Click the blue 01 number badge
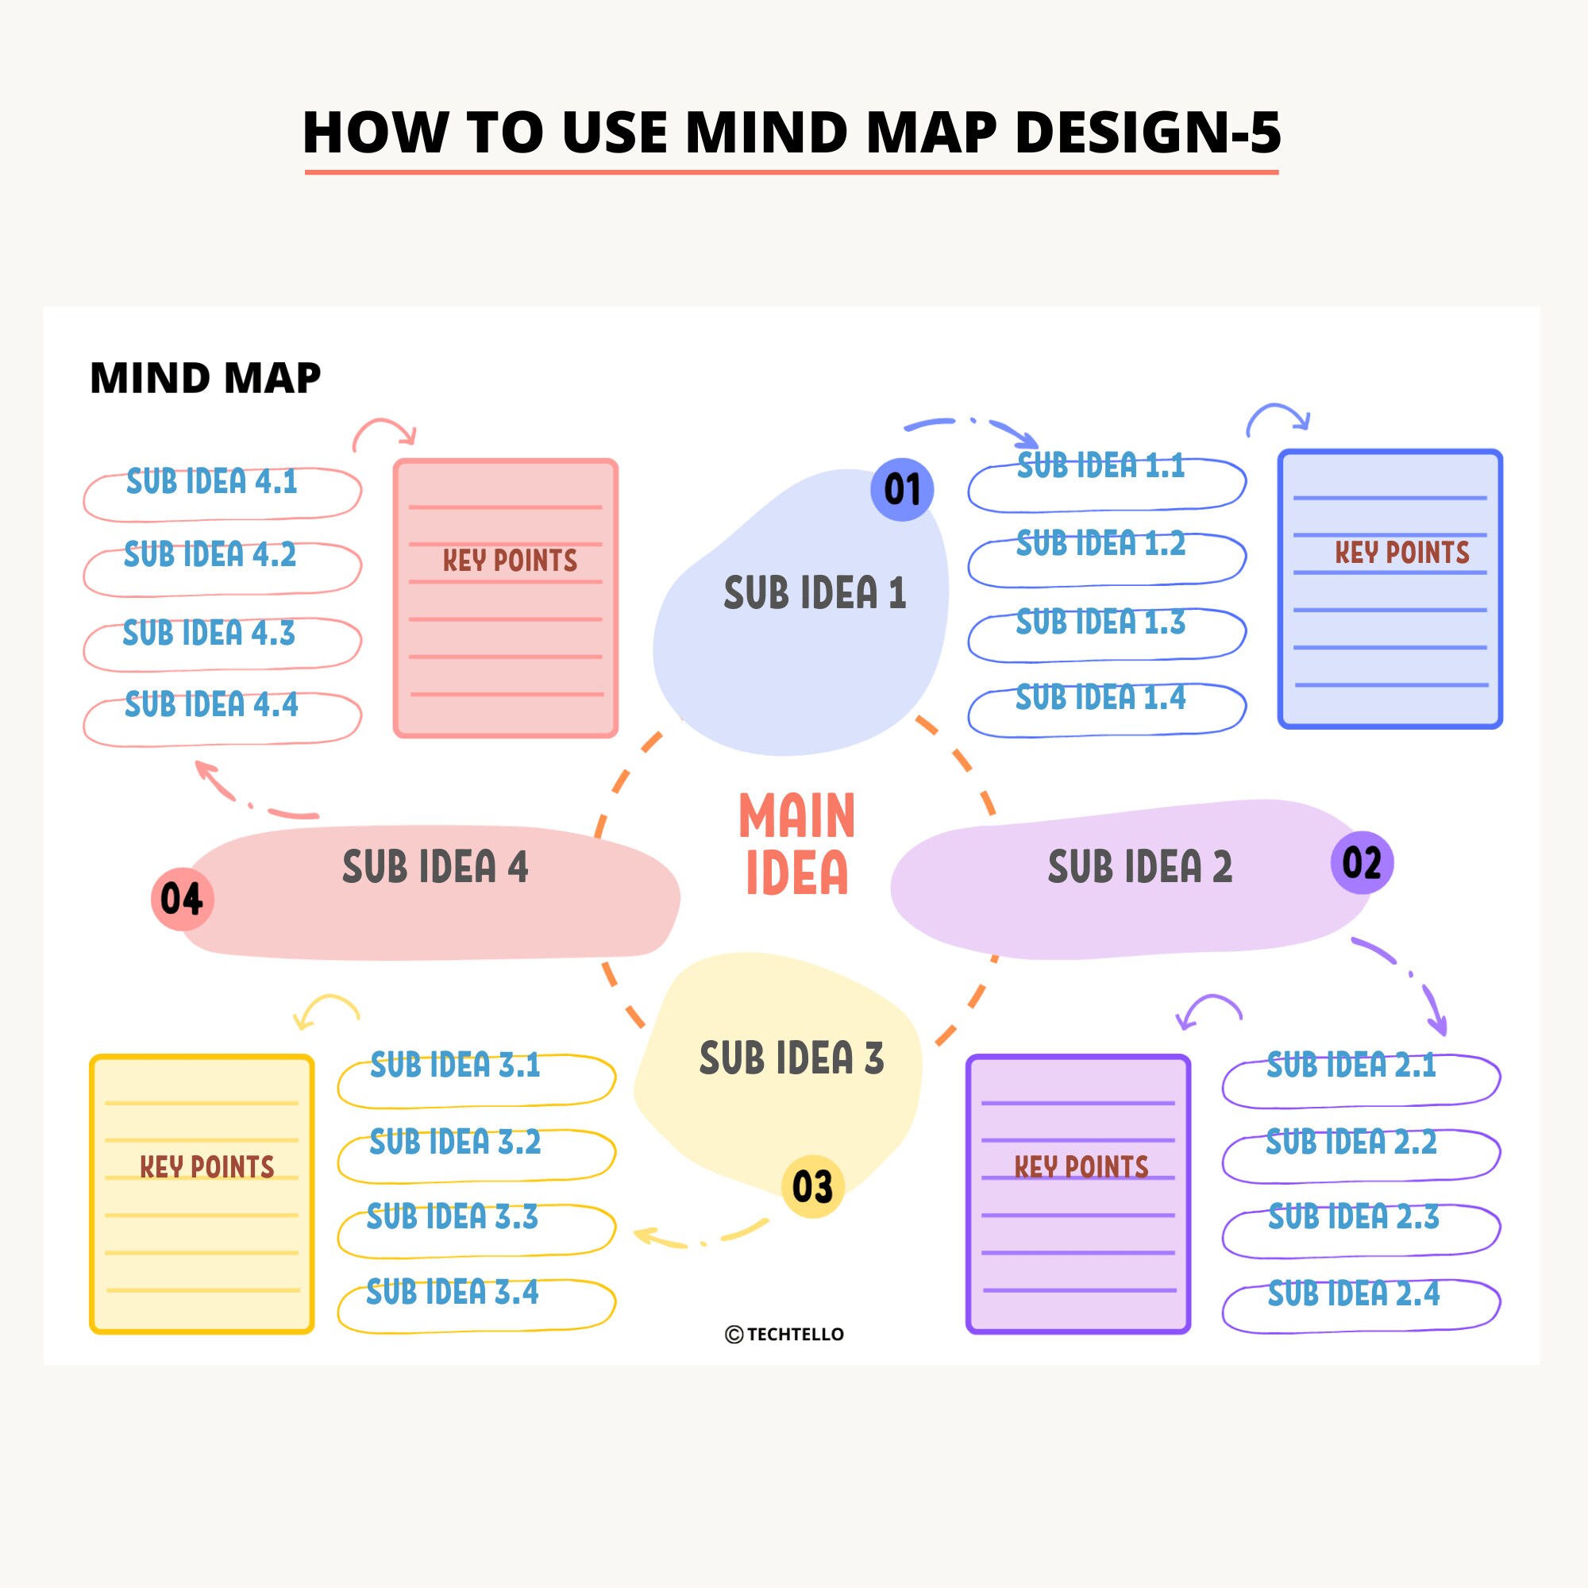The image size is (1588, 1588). point(902,490)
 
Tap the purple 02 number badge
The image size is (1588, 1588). point(1361,862)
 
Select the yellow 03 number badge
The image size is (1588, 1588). point(812,1186)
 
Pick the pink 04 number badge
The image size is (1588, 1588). point(182,898)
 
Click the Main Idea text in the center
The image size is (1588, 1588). point(796,843)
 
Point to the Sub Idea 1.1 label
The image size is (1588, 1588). point(1100,466)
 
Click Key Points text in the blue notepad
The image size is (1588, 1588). point(1401,553)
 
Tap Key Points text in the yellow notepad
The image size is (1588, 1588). point(206,1166)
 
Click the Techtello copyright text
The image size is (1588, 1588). point(785,1334)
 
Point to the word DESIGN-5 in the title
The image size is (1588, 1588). point(1147,132)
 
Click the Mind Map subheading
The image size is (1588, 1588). point(205,378)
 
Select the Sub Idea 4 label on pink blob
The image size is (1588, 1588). point(435,867)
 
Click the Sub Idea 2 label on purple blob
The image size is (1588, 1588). point(1139,867)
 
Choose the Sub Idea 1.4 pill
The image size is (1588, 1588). point(1106,705)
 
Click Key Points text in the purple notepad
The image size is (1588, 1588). point(1081,1166)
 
